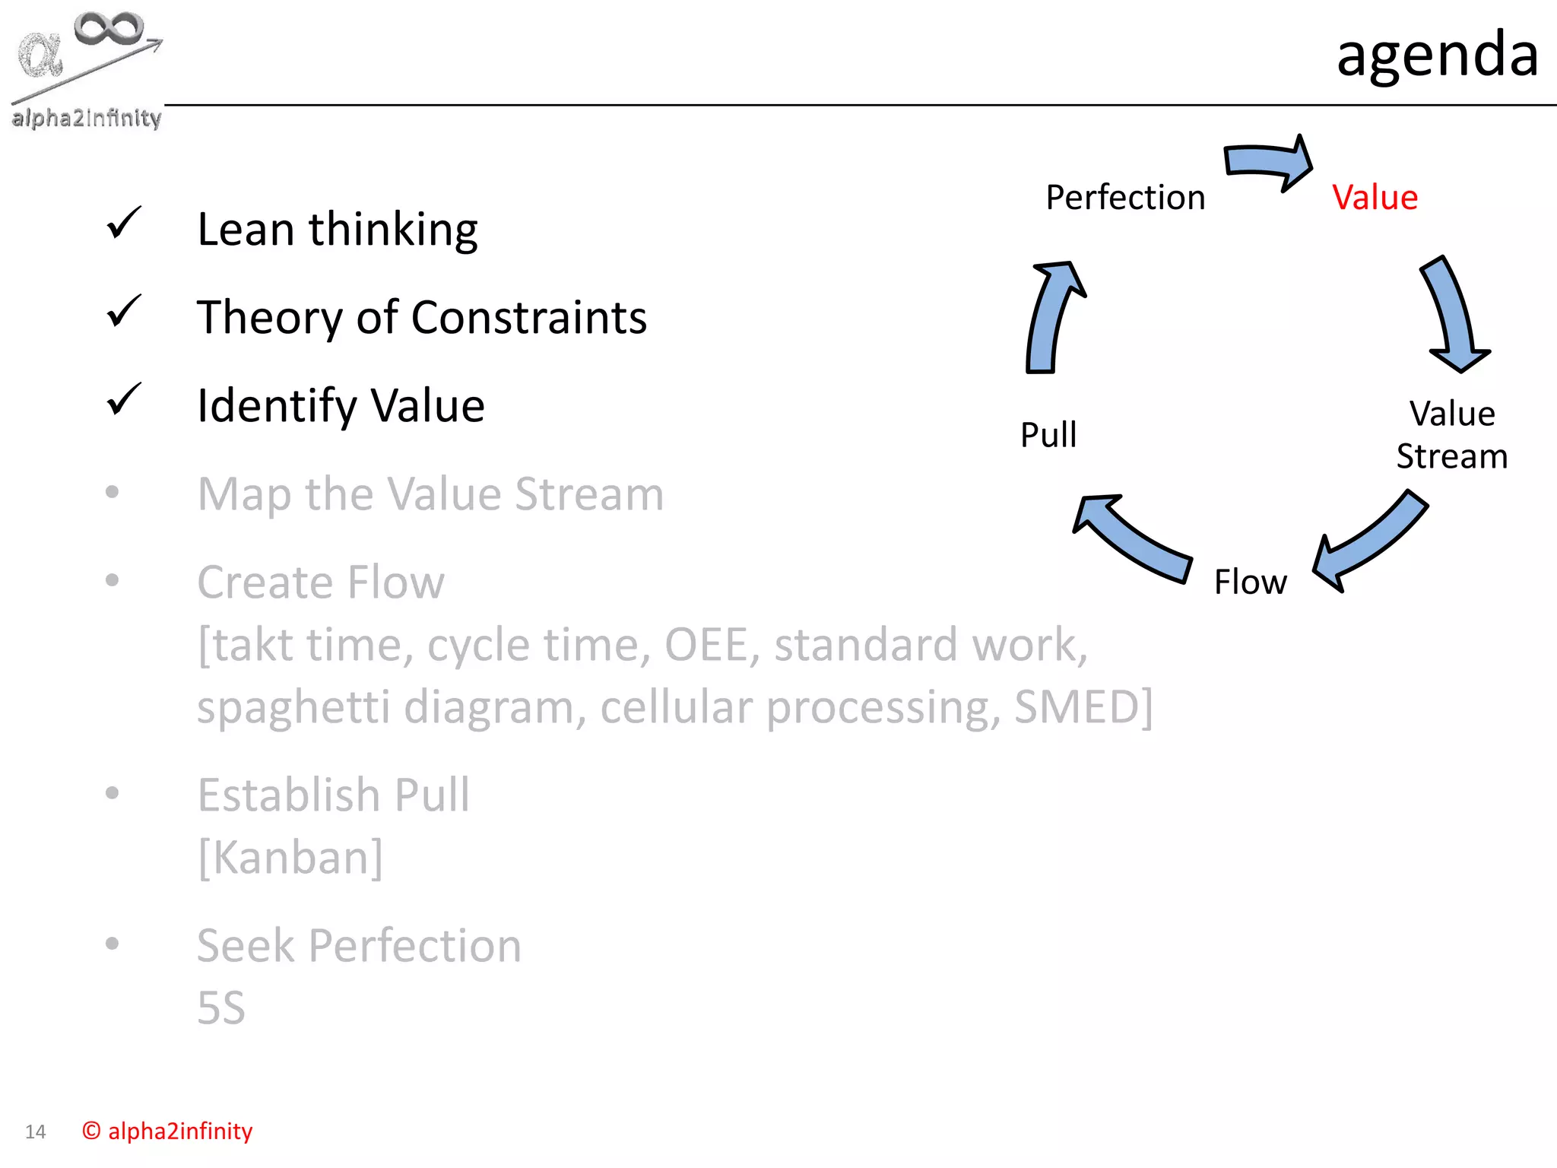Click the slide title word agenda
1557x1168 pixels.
click(x=1437, y=55)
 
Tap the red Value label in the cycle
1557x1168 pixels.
click(x=1375, y=198)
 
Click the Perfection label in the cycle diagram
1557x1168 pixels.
click(x=1125, y=198)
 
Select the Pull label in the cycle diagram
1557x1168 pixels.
click(x=1048, y=435)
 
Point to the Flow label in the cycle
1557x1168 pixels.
click(x=1250, y=582)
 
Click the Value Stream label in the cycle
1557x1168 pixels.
click(x=1451, y=435)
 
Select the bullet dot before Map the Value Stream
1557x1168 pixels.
click(x=113, y=492)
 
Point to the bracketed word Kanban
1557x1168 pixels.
click(x=290, y=858)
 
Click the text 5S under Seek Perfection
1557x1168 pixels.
click(x=220, y=1008)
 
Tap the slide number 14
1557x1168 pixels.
click(x=35, y=1132)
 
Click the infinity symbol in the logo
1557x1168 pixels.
click(x=109, y=28)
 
